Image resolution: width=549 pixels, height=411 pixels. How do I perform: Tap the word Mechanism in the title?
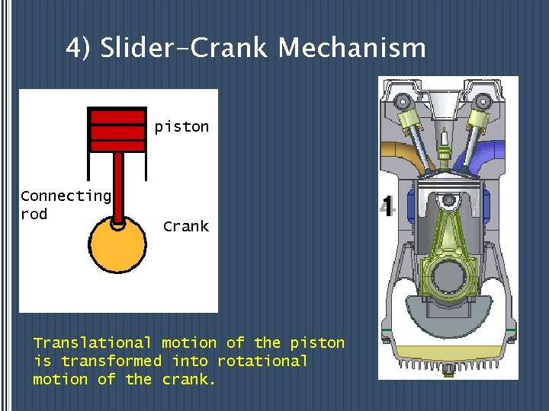(352, 49)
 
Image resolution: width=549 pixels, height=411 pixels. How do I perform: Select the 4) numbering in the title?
(79, 49)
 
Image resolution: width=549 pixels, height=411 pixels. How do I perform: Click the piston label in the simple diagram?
(181, 127)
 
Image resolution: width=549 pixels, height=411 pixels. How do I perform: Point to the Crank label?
(185, 227)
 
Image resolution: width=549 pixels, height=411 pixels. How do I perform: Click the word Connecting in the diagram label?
(66, 196)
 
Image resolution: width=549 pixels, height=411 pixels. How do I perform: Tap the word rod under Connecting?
(34, 215)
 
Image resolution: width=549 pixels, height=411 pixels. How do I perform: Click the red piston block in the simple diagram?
(117, 130)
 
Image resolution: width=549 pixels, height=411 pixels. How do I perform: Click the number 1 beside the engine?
(387, 206)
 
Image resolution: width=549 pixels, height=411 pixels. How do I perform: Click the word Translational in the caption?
(92, 343)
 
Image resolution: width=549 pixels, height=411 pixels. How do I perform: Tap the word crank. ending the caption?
(189, 379)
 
